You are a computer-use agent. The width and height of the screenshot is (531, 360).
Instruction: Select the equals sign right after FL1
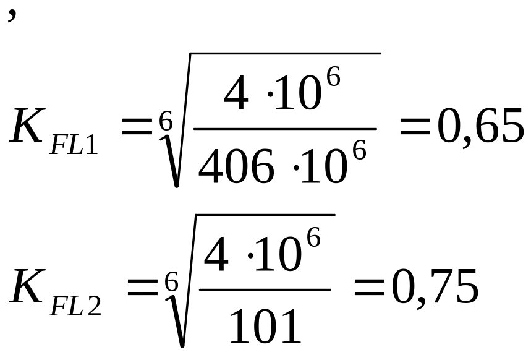[x=135, y=129]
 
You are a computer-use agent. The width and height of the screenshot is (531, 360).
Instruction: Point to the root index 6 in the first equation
[x=165, y=121]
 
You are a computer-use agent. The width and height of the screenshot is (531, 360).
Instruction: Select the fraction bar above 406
[x=284, y=129]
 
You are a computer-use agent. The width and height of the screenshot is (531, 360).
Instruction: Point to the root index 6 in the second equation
[x=171, y=283]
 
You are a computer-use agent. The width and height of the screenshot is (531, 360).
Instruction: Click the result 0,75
[x=435, y=288]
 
